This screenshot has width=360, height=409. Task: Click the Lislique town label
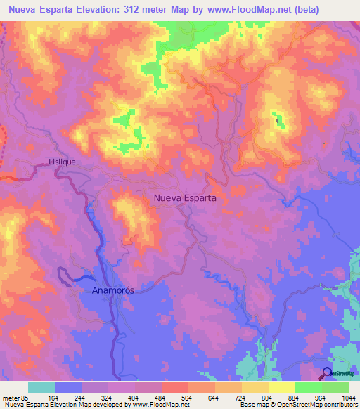coord(62,162)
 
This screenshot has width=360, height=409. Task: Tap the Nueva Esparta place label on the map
coord(184,198)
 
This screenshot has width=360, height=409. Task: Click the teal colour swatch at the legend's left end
coord(41,387)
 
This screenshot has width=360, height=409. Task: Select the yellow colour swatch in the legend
coord(282,387)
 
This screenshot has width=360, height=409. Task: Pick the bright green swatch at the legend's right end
coord(335,387)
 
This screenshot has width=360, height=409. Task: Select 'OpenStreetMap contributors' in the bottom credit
coord(321,405)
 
